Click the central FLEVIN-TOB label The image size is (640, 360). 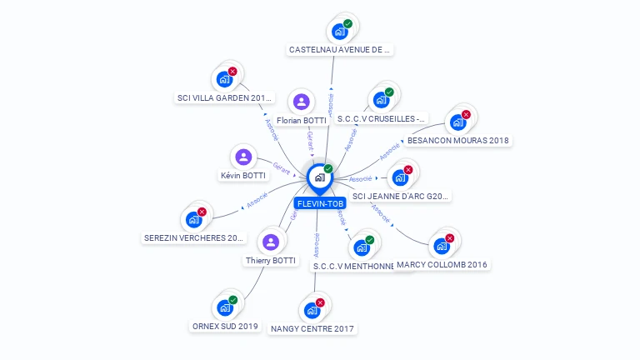coord(319,203)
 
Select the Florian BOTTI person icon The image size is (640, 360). coord(302,102)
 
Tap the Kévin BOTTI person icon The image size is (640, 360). coord(243,157)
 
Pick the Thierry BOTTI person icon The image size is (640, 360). coord(270,242)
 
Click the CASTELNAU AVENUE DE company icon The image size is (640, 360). coord(339,32)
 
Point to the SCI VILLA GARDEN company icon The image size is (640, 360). coord(223,79)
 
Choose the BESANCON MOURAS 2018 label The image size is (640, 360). coord(457,140)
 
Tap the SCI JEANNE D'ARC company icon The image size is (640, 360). coord(400,177)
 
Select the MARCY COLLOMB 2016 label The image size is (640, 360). coord(442,264)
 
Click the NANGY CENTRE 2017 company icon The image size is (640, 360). coord(312,310)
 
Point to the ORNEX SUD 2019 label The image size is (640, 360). coord(224,326)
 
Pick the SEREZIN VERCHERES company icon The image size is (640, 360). coord(194,219)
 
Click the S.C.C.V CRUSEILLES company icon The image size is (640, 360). coord(381,100)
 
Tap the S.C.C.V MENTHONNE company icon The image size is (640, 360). coord(362,247)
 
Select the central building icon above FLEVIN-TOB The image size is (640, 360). coord(319,177)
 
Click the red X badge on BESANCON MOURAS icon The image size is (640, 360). coord(466,114)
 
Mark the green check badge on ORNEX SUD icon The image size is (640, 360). coord(232,300)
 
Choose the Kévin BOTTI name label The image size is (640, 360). coord(242,176)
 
